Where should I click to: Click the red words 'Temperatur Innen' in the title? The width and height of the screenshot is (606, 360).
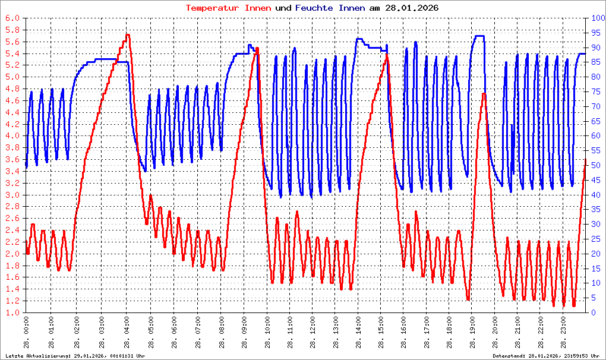coord(229,8)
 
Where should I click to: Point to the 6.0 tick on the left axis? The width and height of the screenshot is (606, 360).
coord(12,18)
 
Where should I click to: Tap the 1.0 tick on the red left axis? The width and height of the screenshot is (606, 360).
coord(12,312)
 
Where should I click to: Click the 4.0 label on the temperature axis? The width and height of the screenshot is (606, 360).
coord(12,136)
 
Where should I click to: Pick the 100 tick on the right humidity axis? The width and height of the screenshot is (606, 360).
coord(595,18)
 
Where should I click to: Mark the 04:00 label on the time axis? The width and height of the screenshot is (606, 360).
coord(127,333)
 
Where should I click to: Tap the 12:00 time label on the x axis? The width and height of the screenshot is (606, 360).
coord(315,333)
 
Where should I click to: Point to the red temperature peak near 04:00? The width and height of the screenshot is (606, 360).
coord(128,35)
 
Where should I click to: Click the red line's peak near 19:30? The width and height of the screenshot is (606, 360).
coord(484,94)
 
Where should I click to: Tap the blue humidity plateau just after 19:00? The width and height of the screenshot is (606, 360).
coord(479,36)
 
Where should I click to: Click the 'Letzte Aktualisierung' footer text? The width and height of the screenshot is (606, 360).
coord(75,355)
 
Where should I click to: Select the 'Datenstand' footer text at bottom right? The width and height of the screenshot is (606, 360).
coord(547,355)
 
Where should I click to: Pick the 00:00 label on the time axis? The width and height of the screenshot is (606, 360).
coord(27,333)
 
